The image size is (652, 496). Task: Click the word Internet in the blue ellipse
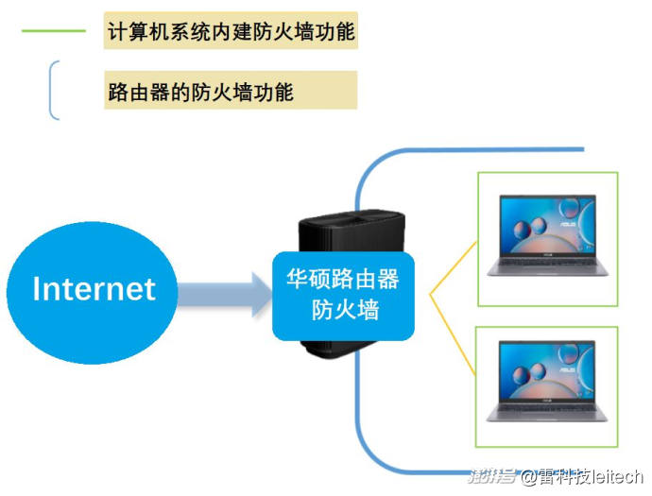94,289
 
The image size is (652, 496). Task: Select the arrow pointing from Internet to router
225,295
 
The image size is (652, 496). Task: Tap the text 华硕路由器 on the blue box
343,279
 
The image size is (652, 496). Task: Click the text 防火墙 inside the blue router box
346,310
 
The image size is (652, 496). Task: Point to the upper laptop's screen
548,225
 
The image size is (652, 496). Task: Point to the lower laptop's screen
547,371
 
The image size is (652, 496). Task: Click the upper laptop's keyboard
548,264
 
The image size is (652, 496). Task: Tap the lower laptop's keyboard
547,410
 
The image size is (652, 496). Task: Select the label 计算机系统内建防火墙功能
232,31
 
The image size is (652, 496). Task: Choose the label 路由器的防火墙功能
201,92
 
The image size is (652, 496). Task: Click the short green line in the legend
54,31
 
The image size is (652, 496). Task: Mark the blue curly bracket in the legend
52,90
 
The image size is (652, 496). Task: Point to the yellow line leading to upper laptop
454,268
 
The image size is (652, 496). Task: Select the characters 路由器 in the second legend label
139,92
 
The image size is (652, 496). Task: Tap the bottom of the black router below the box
337,350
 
